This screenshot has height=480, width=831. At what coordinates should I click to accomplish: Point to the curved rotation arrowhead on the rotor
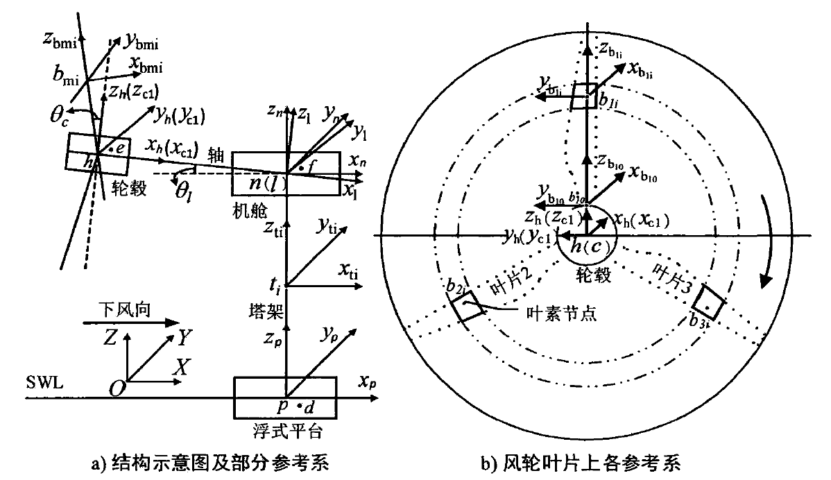point(766,280)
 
